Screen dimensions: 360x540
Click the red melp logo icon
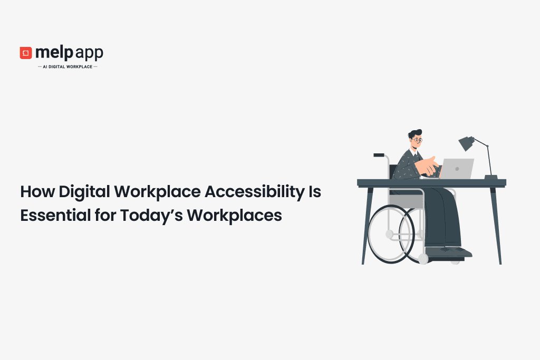click(x=26, y=53)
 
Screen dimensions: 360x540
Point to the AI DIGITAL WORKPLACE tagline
click(x=67, y=67)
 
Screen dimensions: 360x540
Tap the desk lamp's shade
click(x=466, y=143)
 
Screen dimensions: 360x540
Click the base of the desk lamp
click(x=491, y=177)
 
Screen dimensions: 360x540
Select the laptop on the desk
click(x=457, y=169)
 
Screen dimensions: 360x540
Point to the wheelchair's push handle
click(x=379, y=155)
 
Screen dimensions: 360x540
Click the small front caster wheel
click(x=423, y=259)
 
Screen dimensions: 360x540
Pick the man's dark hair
click(x=415, y=132)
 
